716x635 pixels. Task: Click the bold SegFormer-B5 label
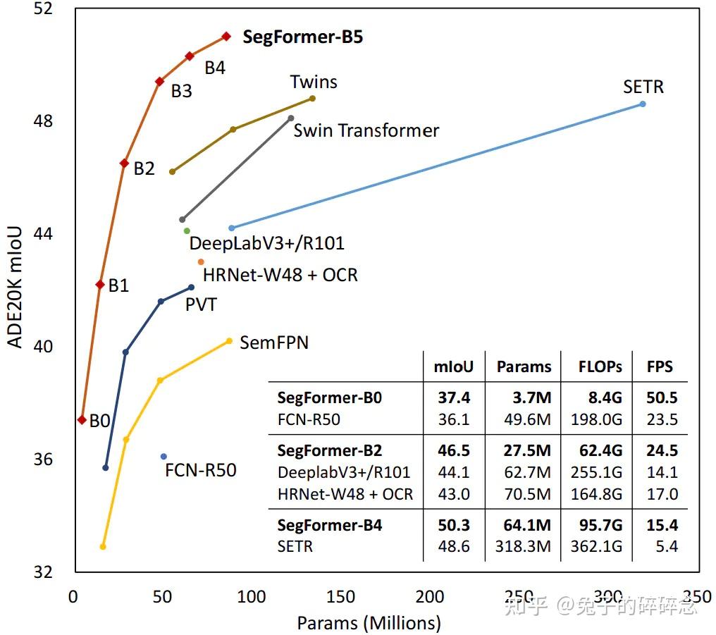click(302, 37)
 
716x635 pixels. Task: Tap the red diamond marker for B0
click(82, 419)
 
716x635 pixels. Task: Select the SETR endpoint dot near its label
click(642, 104)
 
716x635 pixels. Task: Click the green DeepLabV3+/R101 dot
click(187, 230)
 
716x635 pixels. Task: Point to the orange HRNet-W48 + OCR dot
click(201, 261)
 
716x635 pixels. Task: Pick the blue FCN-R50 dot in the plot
click(163, 457)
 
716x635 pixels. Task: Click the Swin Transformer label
click(366, 130)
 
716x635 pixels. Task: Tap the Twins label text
click(314, 82)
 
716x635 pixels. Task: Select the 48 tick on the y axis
click(44, 121)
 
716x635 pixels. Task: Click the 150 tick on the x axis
click(341, 597)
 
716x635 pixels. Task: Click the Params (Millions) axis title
click(369, 623)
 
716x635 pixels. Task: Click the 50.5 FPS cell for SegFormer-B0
click(662, 398)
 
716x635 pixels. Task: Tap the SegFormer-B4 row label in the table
click(329, 525)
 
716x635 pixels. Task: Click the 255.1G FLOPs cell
click(596, 472)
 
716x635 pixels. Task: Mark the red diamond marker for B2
click(124, 163)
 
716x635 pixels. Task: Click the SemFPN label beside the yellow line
click(274, 343)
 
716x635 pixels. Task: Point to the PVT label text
click(201, 304)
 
